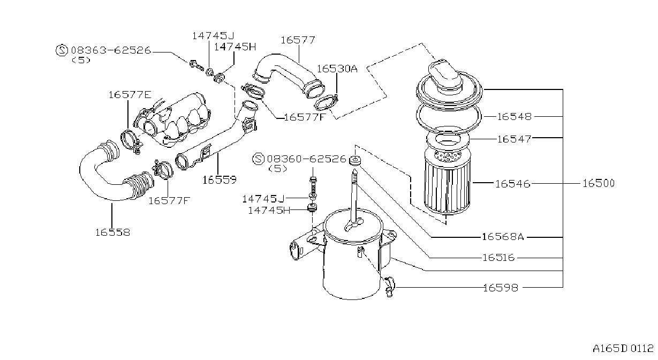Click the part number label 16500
[x=599, y=183]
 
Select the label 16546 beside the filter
[x=512, y=184]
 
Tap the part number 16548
[x=515, y=117]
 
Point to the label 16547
[x=515, y=139]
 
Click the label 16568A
[x=503, y=237]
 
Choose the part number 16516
[x=499, y=258]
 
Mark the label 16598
[x=501, y=288]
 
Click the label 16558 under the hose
[x=112, y=232]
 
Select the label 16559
[x=220, y=180]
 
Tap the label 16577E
[x=130, y=95]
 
